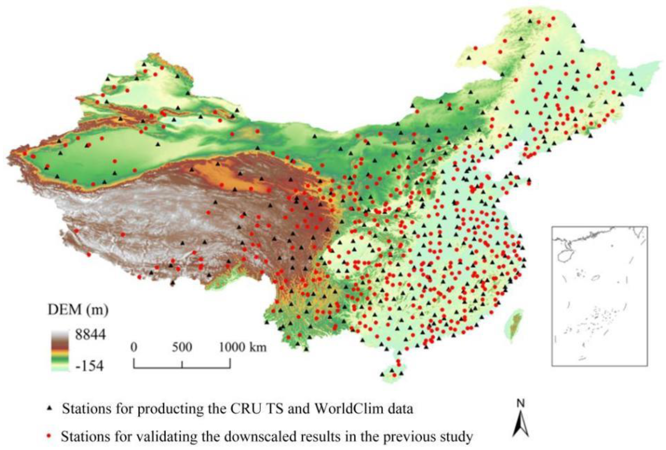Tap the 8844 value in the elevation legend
[90, 334]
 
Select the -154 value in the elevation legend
[89, 366]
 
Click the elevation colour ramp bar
[60, 351]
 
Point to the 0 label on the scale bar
[134, 347]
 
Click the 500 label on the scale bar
[182, 347]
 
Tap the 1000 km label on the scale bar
[243, 347]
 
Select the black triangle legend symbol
[49, 408]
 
